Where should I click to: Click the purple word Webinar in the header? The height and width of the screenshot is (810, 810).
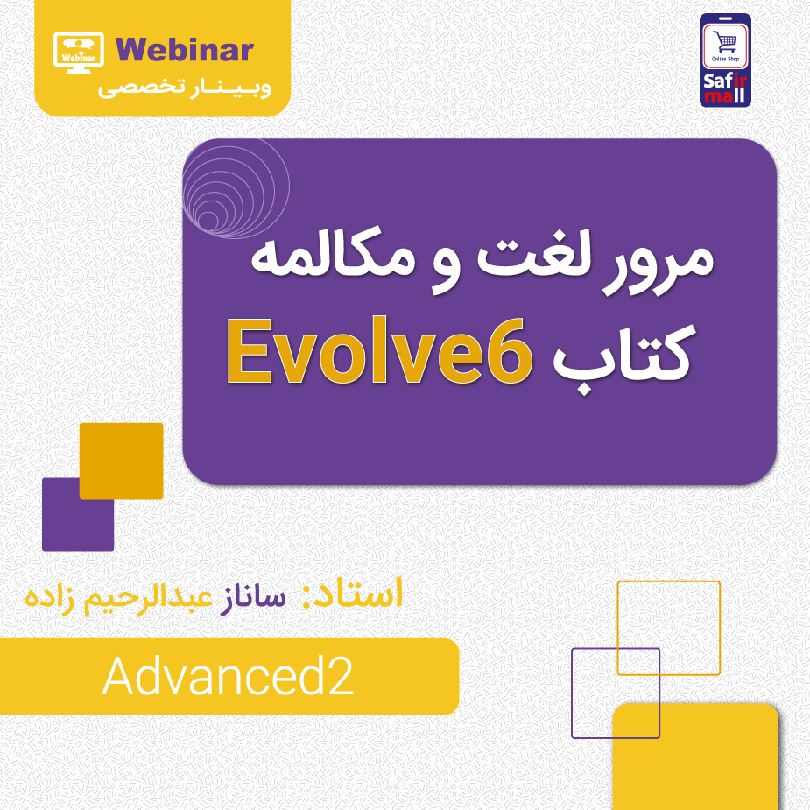(x=183, y=49)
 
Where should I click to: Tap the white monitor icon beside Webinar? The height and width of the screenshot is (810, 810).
(x=79, y=51)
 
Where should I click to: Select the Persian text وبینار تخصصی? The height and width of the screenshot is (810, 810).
(x=184, y=88)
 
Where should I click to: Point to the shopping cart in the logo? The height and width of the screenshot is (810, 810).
(x=725, y=42)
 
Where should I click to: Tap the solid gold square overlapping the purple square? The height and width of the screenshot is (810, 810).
(x=122, y=461)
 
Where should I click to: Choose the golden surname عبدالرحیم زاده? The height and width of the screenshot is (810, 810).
(x=118, y=598)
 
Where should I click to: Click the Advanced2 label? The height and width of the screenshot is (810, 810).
(x=229, y=676)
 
